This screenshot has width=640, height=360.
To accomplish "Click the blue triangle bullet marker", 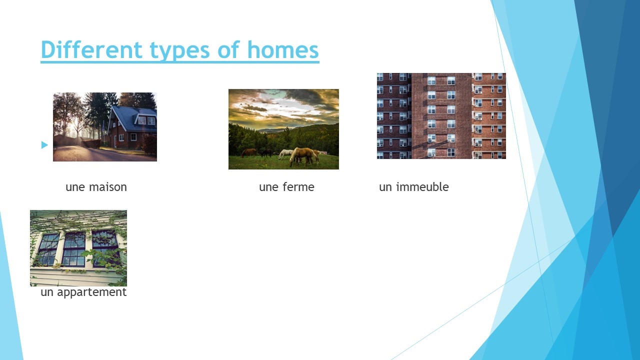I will coord(44,145).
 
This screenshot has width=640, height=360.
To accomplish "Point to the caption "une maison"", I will coord(96,187).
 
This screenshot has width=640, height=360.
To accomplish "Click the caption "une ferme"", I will coord(286,187).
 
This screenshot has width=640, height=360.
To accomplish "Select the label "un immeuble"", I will coord(413,187).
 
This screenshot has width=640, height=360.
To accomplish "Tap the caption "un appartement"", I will coord(83,292).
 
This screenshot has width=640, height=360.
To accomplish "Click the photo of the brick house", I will coord(105,127).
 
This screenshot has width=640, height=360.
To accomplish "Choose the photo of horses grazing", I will coord(283,129).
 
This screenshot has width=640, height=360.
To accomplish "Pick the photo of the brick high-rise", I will coord(441,116).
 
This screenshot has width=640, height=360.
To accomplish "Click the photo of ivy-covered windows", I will coord(78,248).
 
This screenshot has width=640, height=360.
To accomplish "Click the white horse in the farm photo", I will coord(285,153).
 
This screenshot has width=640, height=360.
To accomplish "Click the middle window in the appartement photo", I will coord(74,248).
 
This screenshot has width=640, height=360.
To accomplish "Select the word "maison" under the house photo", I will coord(108,187).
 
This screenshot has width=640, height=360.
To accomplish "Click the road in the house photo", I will coord(90,154).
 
